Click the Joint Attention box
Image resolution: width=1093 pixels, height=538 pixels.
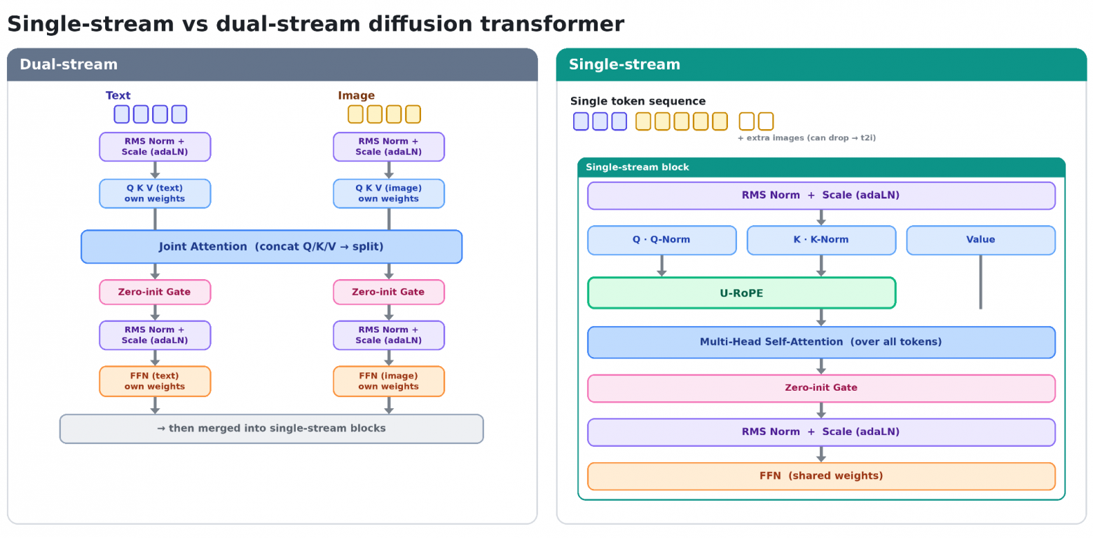click(x=271, y=247)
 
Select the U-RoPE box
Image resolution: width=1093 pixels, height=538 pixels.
click(x=742, y=293)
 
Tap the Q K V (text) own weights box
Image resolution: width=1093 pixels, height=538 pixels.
click(x=155, y=194)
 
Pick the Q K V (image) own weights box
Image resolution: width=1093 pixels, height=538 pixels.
click(x=389, y=194)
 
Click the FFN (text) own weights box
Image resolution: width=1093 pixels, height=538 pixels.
click(x=155, y=381)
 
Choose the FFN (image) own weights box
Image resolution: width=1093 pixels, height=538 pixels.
click(x=389, y=381)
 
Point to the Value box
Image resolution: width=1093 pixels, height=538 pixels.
click(x=981, y=240)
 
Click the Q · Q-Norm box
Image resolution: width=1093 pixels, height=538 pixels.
click(x=661, y=240)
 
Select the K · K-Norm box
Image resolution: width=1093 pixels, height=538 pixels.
click(x=821, y=240)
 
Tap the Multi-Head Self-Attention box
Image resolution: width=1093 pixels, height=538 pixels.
click(x=821, y=342)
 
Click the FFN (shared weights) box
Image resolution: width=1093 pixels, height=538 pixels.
click(x=821, y=476)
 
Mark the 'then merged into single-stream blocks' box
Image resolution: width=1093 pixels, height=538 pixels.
click(x=271, y=429)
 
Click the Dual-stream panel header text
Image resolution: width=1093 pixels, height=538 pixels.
click(x=69, y=65)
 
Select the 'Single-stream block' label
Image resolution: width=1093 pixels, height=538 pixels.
click(x=638, y=167)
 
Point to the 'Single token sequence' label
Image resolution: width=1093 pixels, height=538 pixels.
click(x=638, y=101)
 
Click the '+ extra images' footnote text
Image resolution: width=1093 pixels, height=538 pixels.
click(x=806, y=137)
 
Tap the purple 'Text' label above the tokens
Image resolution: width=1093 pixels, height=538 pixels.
click(x=118, y=95)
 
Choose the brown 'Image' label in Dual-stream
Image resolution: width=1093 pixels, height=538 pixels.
click(x=356, y=95)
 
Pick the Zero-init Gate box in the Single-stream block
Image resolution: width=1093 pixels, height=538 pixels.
click(x=821, y=388)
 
